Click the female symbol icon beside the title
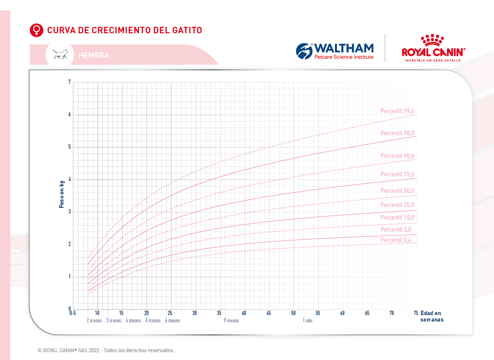(37, 30)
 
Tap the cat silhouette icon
(60, 54)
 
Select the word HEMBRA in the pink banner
(93, 55)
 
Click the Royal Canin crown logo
(433, 40)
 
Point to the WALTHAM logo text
(344, 48)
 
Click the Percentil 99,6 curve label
(397, 112)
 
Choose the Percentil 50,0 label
(397, 191)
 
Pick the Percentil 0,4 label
(396, 240)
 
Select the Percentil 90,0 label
(397, 156)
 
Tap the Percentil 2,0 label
(396, 229)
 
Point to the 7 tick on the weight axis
(69, 82)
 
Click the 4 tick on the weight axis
(69, 179)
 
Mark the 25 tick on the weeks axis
(170, 313)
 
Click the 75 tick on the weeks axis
(416, 313)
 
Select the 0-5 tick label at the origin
(73, 313)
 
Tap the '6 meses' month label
(172, 321)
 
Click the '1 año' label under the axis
(307, 321)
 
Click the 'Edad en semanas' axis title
(431, 316)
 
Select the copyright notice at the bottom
(106, 350)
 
